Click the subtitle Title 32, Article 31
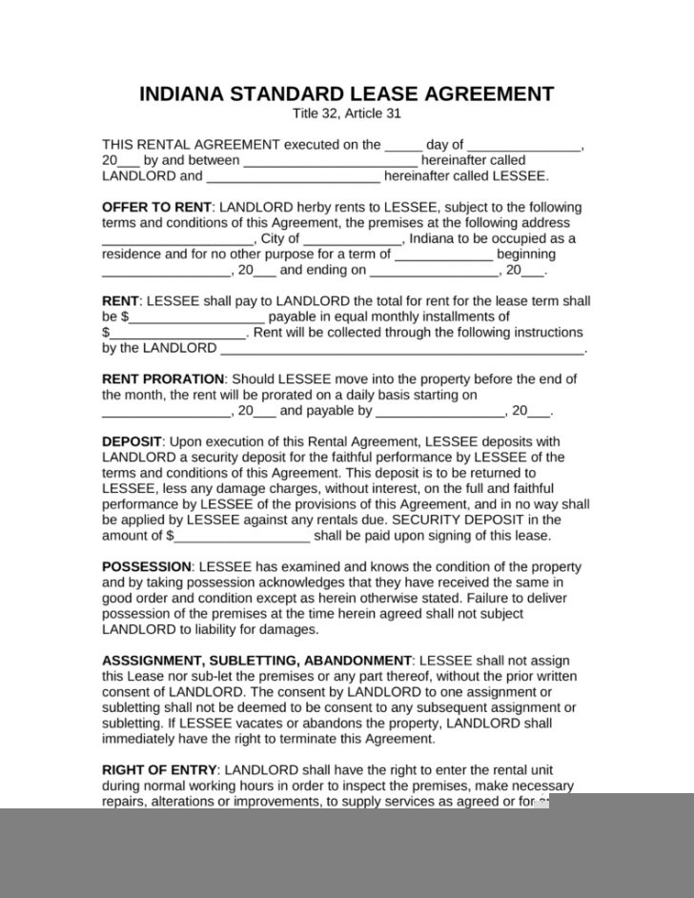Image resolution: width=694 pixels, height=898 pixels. pos(347,113)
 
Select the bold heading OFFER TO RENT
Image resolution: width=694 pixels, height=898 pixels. pos(155,207)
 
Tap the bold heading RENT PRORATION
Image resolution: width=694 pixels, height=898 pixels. pos(163,378)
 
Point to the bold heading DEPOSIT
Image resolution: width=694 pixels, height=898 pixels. pos(133,441)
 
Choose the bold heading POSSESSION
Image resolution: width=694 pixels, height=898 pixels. pos(147,566)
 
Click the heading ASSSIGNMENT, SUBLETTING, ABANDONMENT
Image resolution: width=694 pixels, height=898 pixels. pos(256,660)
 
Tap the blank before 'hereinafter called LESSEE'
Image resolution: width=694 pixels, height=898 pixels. pos(293,177)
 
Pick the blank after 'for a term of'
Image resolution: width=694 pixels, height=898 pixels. pos(443,255)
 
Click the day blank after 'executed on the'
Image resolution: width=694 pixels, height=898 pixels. pos(402,146)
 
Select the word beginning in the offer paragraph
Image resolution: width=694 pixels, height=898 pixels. pos(526,255)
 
